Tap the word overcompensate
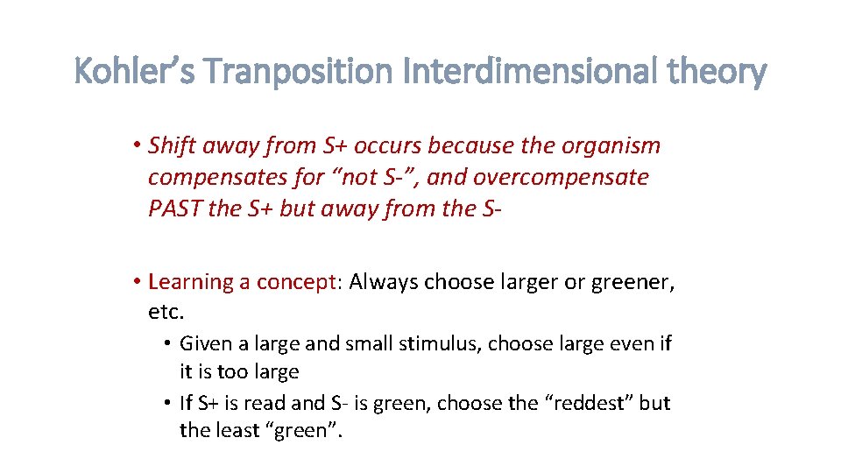click(561, 178)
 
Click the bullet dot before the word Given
click(166, 344)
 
